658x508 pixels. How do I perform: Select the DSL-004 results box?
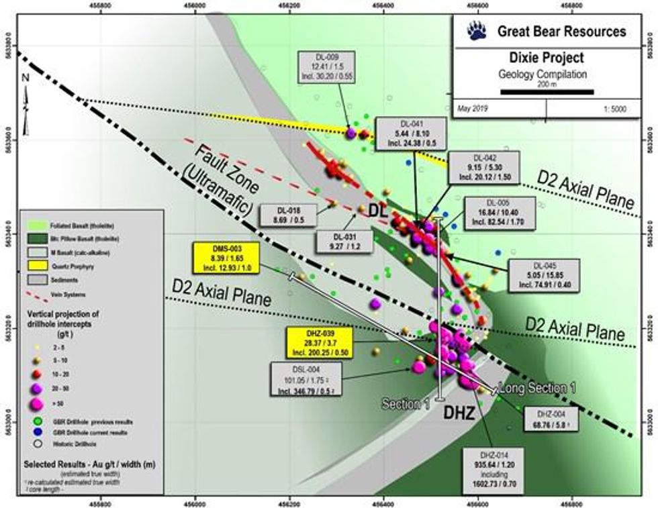(x=306, y=377)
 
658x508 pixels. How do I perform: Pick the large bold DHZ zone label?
(x=461, y=414)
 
